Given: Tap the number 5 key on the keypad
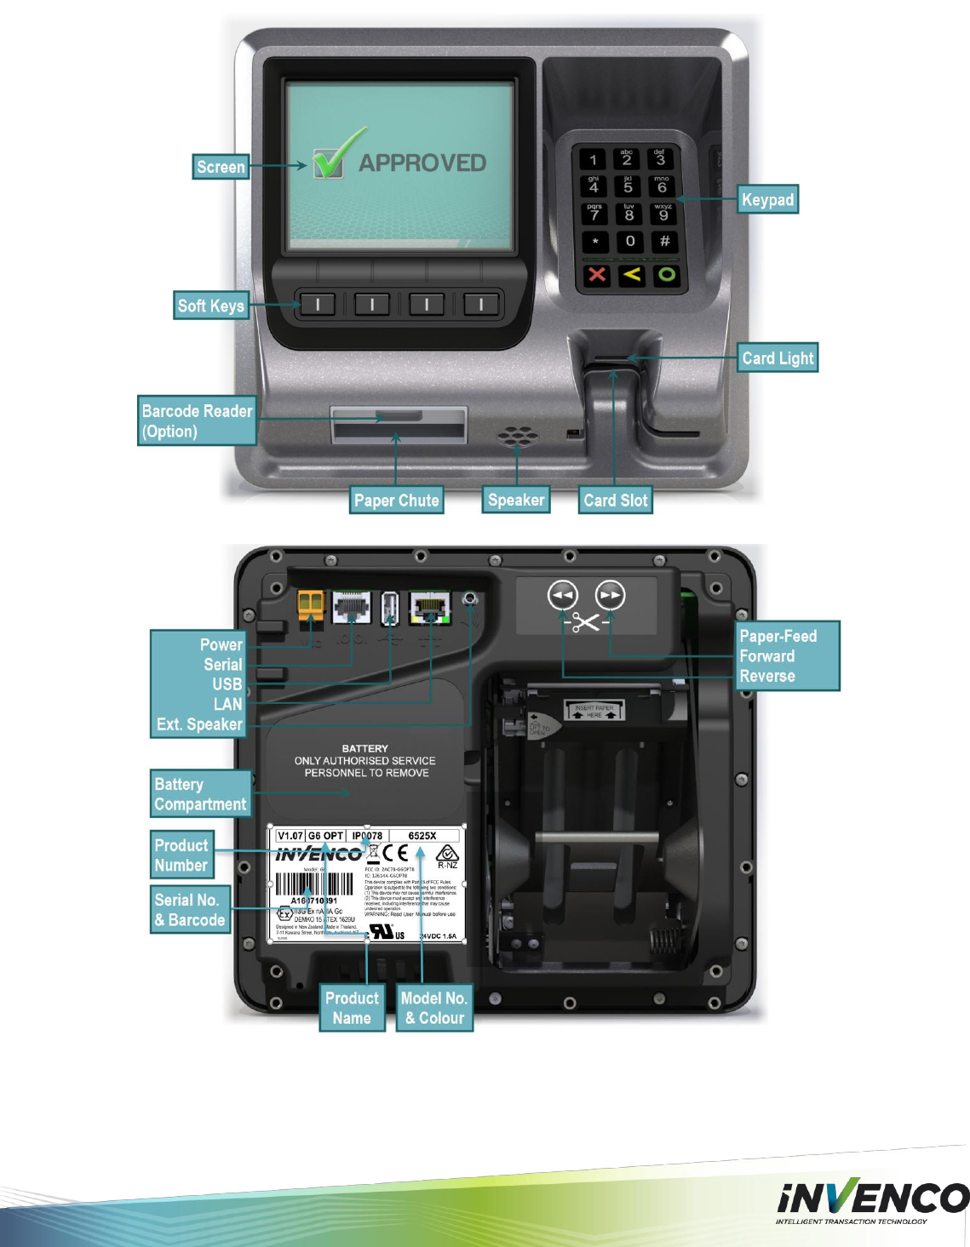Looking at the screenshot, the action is pyautogui.click(x=628, y=186).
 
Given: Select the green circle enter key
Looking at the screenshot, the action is pyautogui.click(x=666, y=275).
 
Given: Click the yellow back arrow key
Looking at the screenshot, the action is pyautogui.click(x=631, y=275).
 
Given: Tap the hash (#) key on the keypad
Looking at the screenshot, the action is pyautogui.click(x=664, y=241).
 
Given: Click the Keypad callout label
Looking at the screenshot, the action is pyautogui.click(x=767, y=200).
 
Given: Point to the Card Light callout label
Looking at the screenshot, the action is pyautogui.click(x=778, y=358).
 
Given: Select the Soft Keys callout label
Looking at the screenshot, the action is pyautogui.click(x=210, y=306).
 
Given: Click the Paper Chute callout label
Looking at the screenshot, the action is pyautogui.click(x=396, y=501).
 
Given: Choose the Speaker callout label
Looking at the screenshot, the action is pyautogui.click(x=515, y=500).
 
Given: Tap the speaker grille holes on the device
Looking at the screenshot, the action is pyautogui.click(x=518, y=438).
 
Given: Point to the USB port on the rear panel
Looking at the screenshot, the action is pyautogui.click(x=390, y=608).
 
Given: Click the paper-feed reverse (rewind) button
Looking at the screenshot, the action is pyautogui.click(x=563, y=596).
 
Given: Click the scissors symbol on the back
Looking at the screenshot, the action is pyautogui.click(x=586, y=623).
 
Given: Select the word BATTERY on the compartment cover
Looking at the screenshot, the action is pyautogui.click(x=364, y=748).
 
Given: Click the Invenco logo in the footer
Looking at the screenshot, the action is pyautogui.click(x=871, y=1200).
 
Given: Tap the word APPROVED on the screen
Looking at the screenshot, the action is pyautogui.click(x=422, y=163).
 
